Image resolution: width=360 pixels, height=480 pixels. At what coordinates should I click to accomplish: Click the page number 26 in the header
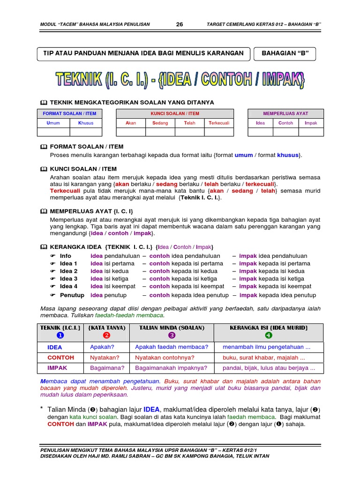click(x=180, y=24)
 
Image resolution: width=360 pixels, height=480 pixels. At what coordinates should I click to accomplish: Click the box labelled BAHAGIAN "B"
click(x=285, y=53)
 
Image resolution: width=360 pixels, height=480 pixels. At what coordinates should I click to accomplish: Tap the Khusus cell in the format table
click(x=86, y=123)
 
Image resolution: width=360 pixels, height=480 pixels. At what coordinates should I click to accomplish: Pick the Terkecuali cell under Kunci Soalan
click(x=218, y=123)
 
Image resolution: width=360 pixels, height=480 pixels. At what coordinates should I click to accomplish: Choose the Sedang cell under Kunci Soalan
click(x=160, y=123)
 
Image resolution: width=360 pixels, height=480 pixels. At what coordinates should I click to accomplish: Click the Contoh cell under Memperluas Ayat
click(x=285, y=123)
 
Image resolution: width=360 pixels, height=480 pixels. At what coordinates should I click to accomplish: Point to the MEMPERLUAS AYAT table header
click(x=285, y=113)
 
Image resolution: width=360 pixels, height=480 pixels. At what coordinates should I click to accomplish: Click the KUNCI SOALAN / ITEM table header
click(x=175, y=113)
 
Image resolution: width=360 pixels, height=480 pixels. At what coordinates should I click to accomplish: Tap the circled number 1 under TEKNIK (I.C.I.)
click(x=60, y=335)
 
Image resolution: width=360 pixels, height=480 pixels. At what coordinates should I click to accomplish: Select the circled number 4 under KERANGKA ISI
click(x=268, y=335)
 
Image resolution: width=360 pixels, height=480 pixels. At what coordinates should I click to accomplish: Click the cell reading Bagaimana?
click(x=104, y=368)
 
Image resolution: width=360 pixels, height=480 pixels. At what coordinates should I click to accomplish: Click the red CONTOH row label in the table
click(x=61, y=358)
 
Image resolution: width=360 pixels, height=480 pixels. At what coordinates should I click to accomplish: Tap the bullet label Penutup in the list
click(x=72, y=295)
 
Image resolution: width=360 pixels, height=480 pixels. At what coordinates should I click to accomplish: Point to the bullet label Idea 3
click(x=68, y=278)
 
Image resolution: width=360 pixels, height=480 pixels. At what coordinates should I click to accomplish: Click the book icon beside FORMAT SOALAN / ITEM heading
click(x=44, y=147)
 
